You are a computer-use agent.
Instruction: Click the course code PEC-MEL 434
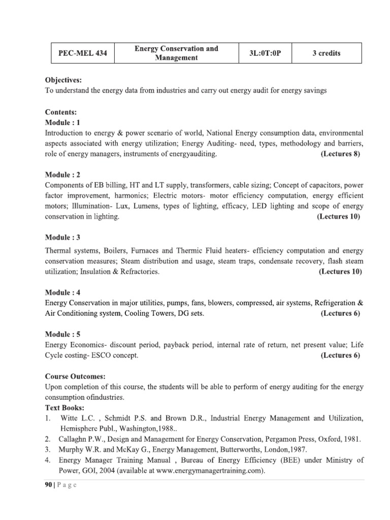[83, 53]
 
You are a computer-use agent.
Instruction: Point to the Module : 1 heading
[62, 122]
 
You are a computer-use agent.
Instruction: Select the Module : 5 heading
[62, 334]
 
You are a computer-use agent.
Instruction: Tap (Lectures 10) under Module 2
[339, 217]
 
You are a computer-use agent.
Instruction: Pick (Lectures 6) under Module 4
[340, 313]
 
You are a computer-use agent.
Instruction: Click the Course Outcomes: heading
[75, 377]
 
